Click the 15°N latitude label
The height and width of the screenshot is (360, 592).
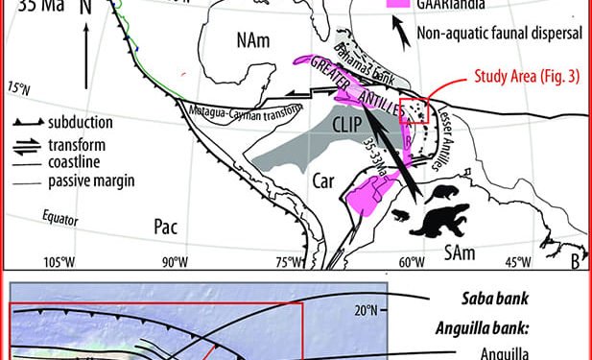(15, 87)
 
